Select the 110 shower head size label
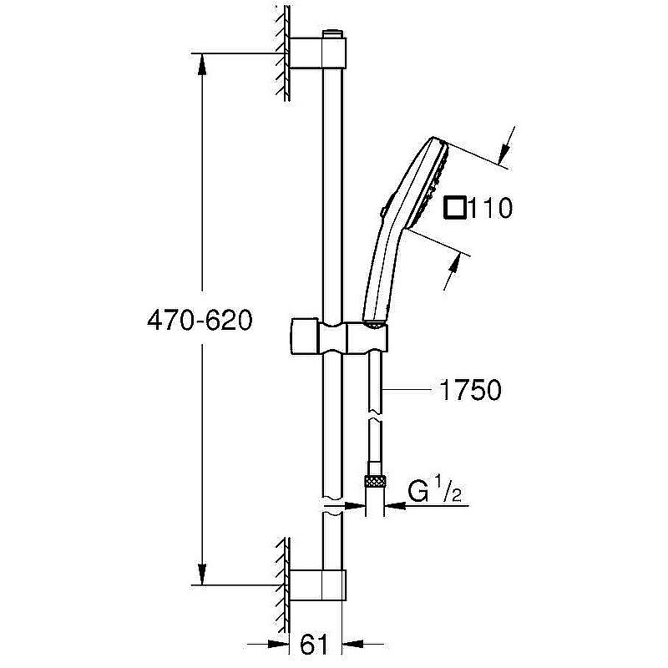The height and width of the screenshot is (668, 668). (490, 207)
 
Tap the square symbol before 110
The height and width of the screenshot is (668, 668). (456, 207)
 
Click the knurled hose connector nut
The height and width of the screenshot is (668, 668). (373, 481)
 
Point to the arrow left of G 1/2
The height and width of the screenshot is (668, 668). (393, 504)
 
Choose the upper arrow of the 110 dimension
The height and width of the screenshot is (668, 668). (504, 153)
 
